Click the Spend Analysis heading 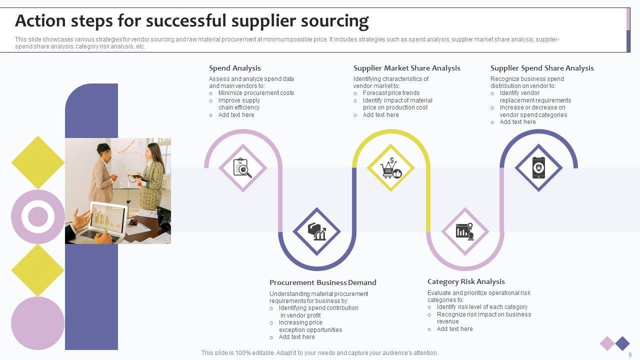click(x=234, y=68)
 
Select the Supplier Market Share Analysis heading click(x=406, y=68)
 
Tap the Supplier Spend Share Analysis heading click(x=542, y=68)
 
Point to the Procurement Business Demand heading click(x=322, y=282)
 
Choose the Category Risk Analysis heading click(x=466, y=281)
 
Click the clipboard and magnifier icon click(x=243, y=168)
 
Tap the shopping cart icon click(x=390, y=168)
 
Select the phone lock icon click(x=538, y=168)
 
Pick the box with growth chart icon click(x=316, y=231)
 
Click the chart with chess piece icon click(x=465, y=231)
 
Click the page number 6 click(x=630, y=354)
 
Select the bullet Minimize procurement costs click(x=256, y=93)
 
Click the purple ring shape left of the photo click(x=38, y=216)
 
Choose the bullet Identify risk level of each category click(x=482, y=307)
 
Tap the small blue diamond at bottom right click(x=622, y=343)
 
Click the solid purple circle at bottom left click(x=38, y=323)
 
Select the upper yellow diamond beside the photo click(x=38, y=162)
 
